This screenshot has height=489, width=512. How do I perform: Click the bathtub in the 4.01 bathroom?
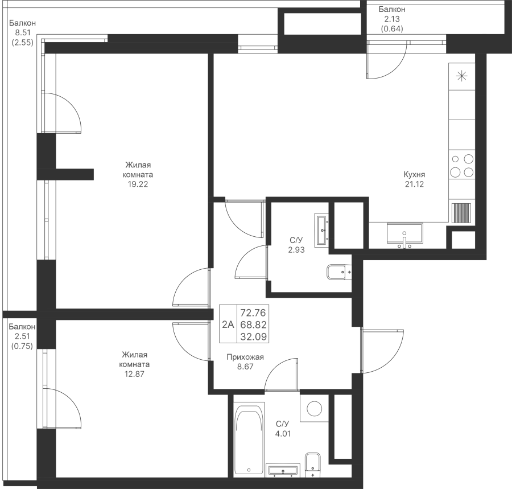coord(249,438)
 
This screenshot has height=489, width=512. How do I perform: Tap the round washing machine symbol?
coord(311,408)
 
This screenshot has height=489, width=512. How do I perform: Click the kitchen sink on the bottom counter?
coord(404,234)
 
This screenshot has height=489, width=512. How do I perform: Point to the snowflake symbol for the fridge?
coord(461,75)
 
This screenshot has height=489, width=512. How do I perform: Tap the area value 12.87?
coord(135,374)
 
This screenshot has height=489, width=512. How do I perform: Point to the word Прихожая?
coord(245,357)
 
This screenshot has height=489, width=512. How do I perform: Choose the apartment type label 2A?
coord(228,325)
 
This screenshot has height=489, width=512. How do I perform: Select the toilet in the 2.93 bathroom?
coord(340,273)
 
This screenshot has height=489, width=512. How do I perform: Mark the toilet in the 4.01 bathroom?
coord(312,464)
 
